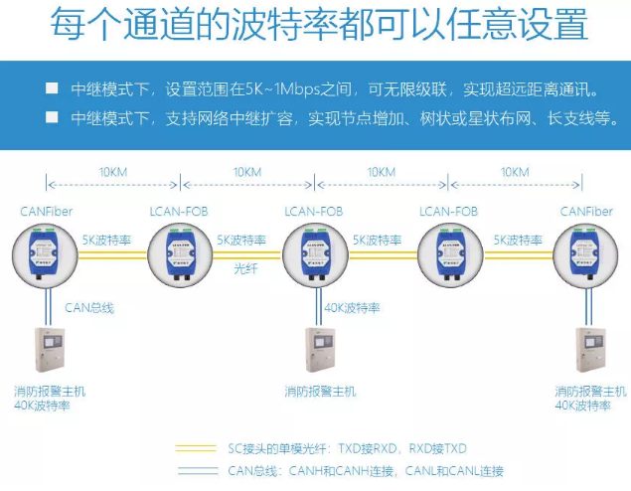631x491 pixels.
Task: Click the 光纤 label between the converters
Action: (x=245, y=268)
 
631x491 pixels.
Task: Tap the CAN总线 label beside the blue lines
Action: (x=89, y=307)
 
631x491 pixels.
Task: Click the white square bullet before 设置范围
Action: (x=52, y=88)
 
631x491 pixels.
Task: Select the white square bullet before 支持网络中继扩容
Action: (x=52, y=116)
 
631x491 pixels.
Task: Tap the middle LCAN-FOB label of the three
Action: (x=313, y=212)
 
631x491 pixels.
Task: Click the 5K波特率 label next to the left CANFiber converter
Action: (x=106, y=240)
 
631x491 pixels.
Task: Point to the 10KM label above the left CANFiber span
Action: (x=112, y=172)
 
